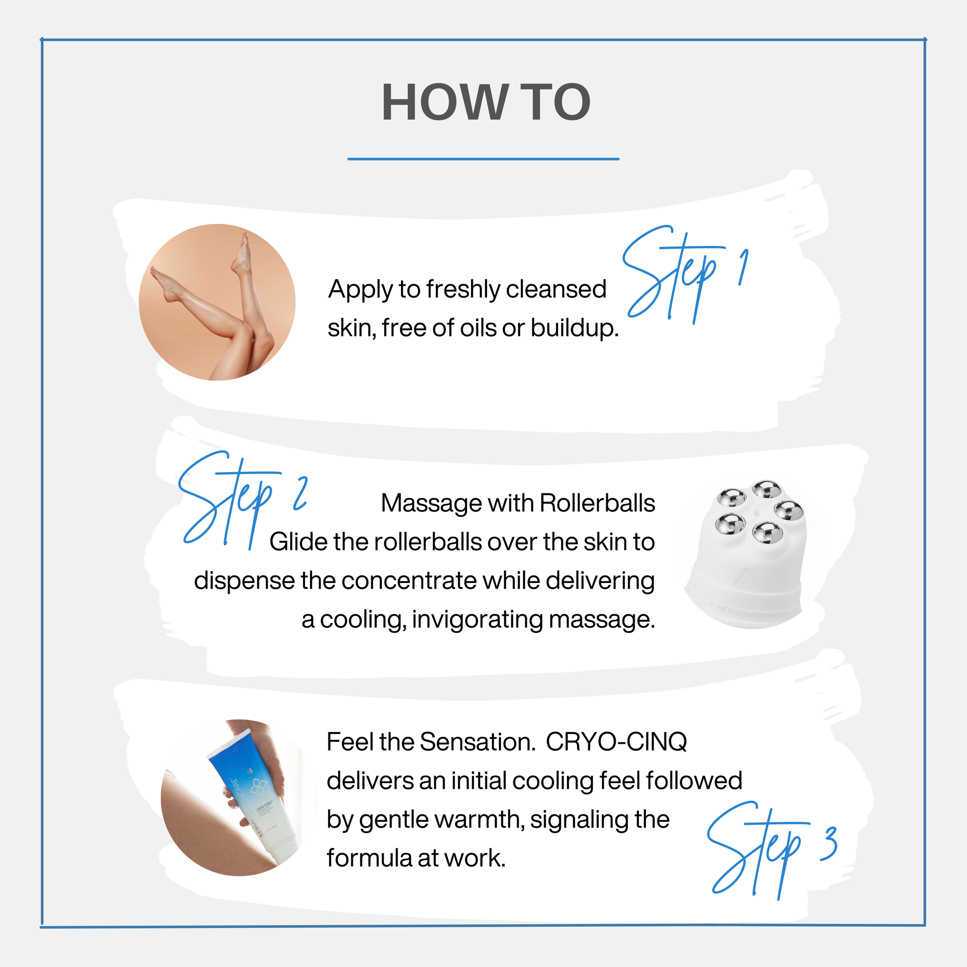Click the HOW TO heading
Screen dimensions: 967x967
(x=485, y=102)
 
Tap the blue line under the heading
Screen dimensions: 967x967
(x=483, y=159)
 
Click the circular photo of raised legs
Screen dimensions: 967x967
(x=217, y=302)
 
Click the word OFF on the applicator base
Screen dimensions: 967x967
(x=724, y=609)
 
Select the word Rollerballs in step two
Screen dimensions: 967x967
(x=597, y=503)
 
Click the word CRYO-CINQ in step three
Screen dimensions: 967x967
(x=616, y=742)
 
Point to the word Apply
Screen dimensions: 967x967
(x=360, y=290)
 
